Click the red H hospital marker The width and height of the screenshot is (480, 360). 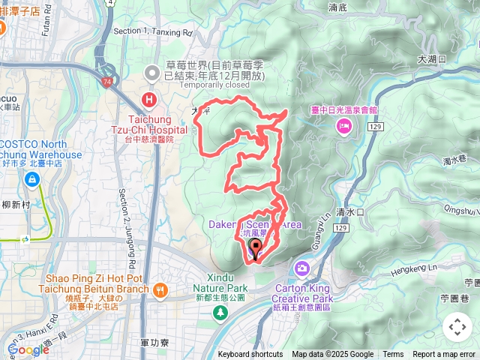[x=150, y=100]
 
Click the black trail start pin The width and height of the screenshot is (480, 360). [x=255, y=250]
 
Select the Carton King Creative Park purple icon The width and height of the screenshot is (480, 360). [x=302, y=268]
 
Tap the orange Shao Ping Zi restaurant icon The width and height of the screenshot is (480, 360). [x=160, y=289]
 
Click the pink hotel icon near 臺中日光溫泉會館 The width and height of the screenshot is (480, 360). [x=344, y=126]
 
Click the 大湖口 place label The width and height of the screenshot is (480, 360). [x=432, y=58]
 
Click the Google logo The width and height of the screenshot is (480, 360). [x=28, y=349]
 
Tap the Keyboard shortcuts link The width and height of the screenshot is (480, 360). [x=250, y=355]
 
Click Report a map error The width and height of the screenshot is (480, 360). [x=445, y=355]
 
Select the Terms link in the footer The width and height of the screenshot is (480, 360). [x=393, y=355]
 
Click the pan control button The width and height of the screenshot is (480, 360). [x=457, y=326]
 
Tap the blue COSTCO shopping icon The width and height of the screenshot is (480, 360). [x=32, y=180]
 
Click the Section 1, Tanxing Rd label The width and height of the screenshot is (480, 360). [x=152, y=32]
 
